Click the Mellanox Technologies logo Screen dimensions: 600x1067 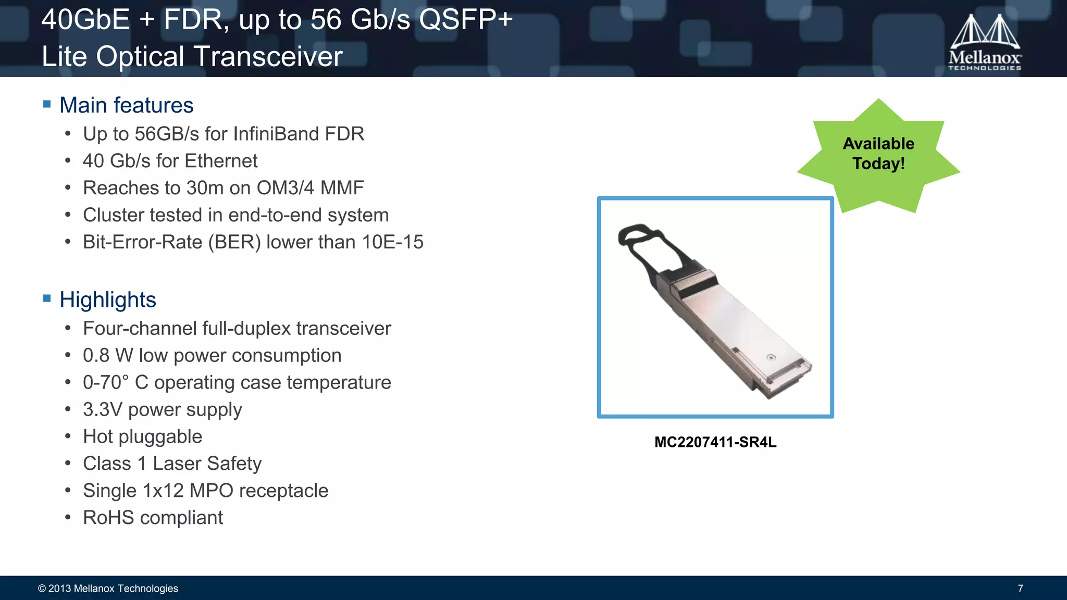coord(984,43)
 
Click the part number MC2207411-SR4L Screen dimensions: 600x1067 coord(715,442)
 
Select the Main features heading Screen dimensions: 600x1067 coord(126,105)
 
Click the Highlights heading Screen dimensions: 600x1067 coord(107,300)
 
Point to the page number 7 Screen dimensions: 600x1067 coord(1020,589)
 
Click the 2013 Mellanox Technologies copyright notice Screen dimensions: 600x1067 coord(108,589)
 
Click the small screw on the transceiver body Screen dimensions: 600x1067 coord(772,357)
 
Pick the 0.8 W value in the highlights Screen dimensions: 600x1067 coord(108,356)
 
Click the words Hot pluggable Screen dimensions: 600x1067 coord(142,436)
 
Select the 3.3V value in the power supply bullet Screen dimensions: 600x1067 coord(103,409)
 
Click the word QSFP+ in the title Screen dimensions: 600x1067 coord(466,20)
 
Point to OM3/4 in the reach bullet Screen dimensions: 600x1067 coord(285,188)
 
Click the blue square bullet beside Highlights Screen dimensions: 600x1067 coord(47,298)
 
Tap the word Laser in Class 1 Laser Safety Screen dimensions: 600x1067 coord(176,464)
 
